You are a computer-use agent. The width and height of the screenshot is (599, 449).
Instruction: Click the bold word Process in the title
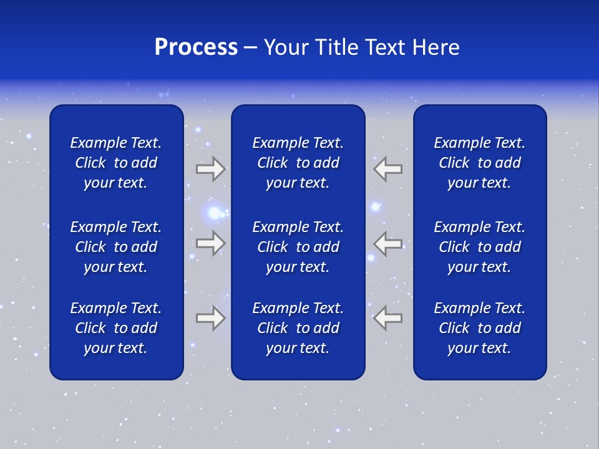(196, 47)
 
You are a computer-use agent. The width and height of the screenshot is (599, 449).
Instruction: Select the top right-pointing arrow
(210, 169)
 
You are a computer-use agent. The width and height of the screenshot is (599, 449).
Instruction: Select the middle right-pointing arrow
(210, 243)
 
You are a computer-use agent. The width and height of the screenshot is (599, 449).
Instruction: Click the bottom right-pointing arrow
(210, 317)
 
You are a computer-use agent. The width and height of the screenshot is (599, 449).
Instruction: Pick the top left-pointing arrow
(388, 169)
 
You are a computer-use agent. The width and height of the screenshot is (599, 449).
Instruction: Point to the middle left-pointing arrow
(388, 243)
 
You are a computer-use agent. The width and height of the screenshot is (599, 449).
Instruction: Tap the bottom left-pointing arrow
(388, 317)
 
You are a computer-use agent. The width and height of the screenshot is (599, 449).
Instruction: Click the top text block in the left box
(116, 163)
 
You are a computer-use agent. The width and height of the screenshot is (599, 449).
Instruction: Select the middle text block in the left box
(116, 247)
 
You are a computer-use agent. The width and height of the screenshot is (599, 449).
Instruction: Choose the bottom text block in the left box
(116, 328)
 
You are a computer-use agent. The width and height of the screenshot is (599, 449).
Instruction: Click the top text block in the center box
(298, 163)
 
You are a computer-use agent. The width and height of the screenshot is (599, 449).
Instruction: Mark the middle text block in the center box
(298, 247)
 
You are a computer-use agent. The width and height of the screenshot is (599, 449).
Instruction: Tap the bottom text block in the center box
(298, 328)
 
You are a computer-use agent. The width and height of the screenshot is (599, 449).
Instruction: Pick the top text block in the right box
(479, 163)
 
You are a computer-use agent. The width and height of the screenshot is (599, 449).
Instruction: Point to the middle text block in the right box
(479, 247)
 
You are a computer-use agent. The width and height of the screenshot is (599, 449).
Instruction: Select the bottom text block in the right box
(479, 328)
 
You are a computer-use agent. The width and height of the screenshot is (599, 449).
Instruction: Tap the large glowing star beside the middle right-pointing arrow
(215, 214)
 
